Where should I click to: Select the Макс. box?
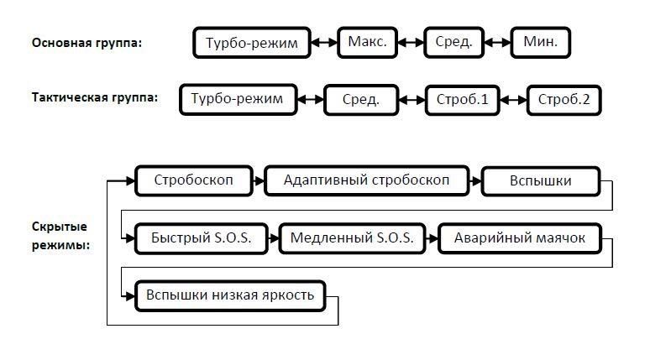(367, 41)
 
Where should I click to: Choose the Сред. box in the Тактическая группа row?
(360, 101)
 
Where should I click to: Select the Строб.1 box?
(462, 101)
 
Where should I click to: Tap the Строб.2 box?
(564, 101)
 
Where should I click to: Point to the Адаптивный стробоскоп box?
(366, 180)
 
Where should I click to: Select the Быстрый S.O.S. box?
(201, 238)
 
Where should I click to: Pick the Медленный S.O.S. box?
(352, 238)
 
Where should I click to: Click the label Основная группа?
(86, 43)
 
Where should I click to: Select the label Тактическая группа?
(94, 97)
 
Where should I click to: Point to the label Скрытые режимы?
(60, 236)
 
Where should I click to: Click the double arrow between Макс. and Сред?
(411, 41)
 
